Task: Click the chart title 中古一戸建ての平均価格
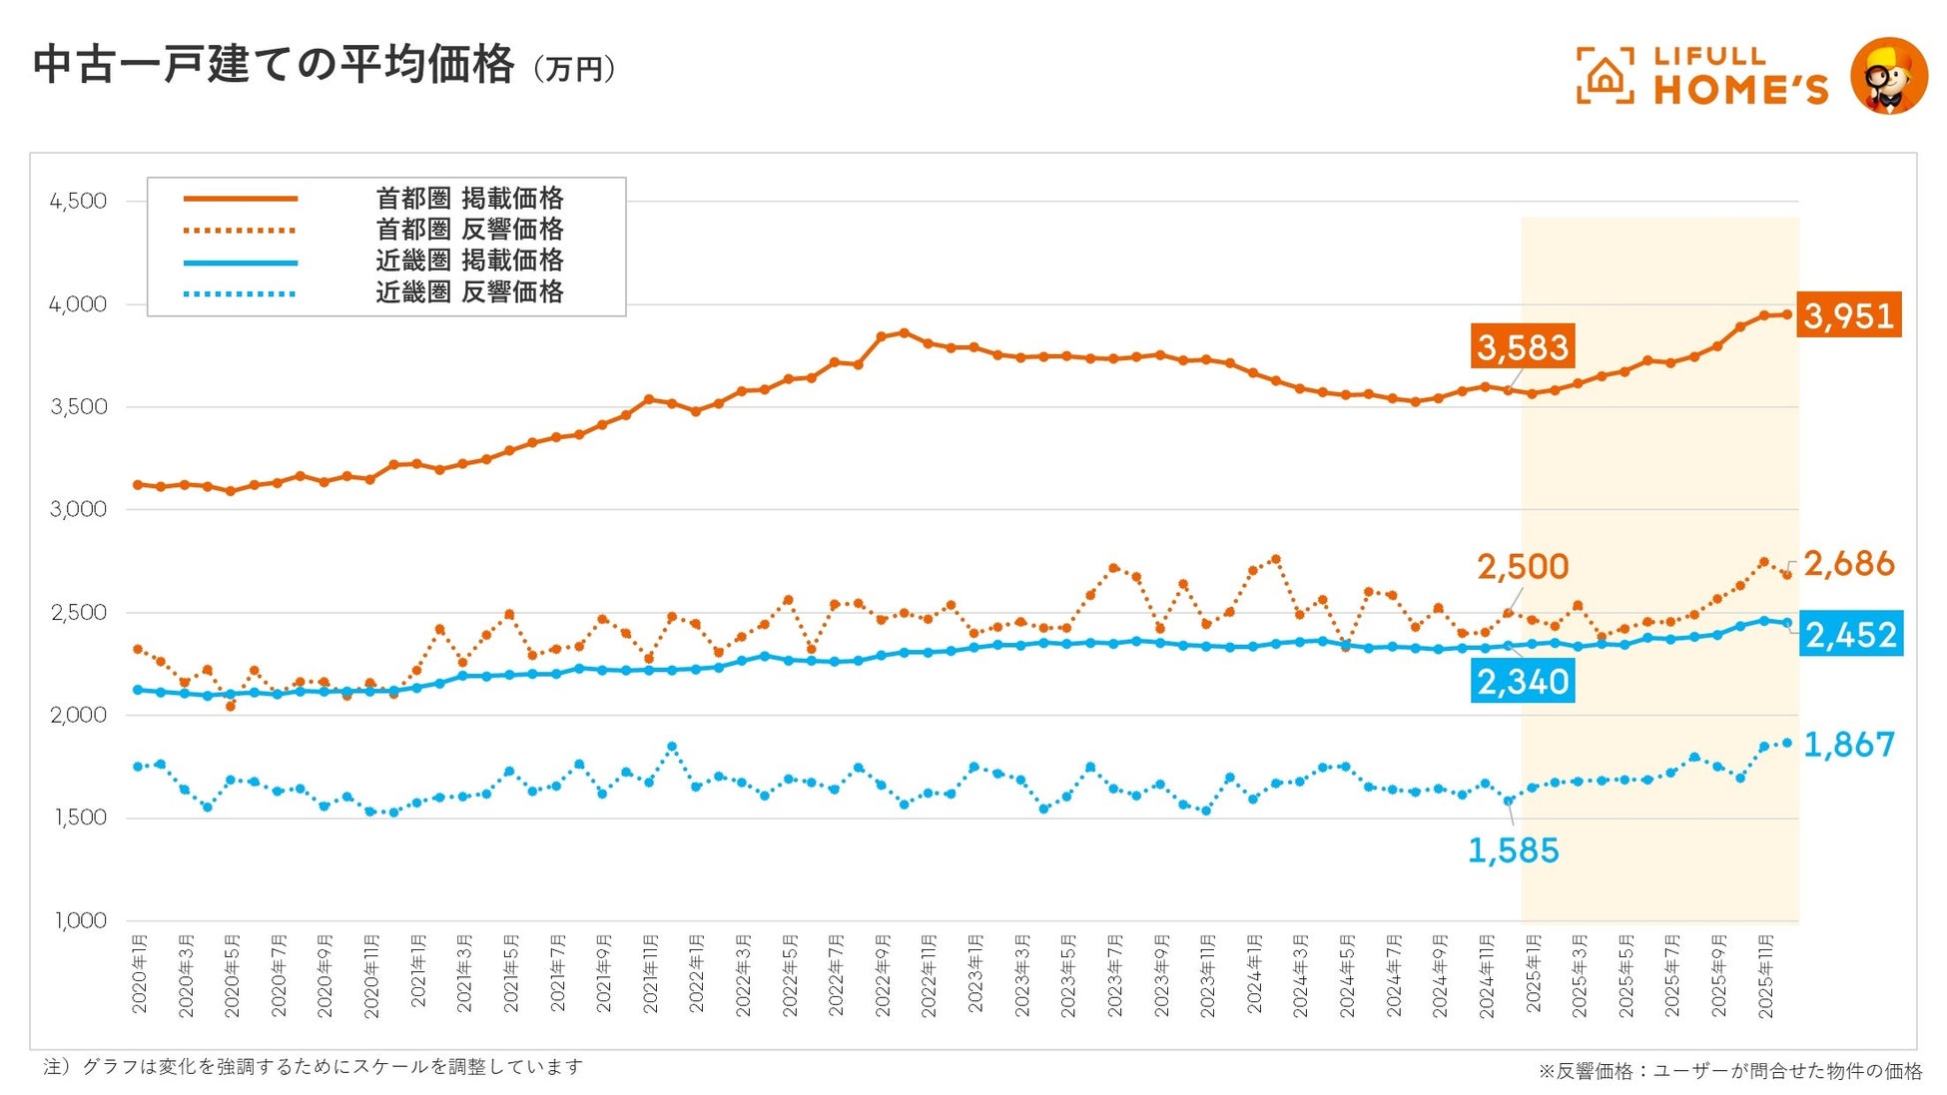coord(274,66)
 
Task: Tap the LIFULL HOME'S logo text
coord(1740,76)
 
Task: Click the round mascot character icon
coord(1888,76)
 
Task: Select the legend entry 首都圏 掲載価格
coord(469,199)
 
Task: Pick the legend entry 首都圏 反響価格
coord(469,230)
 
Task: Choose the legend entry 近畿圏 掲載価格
coord(469,261)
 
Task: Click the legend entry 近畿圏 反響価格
coord(469,292)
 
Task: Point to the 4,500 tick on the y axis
coord(78,202)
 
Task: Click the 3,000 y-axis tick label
coord(78,510)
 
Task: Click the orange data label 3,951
coord(1848,315)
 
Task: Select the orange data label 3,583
coord(1523,347)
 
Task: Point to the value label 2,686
coord(1848,564)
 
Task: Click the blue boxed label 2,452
coord(1850,635)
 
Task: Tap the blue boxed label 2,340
coord(1523,682)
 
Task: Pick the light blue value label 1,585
coord(1513,850)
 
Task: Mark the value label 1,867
coord(1848,745)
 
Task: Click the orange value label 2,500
coord(1523,567)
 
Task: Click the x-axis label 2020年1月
coord(139,973)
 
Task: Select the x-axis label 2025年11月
coord(1765,976)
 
